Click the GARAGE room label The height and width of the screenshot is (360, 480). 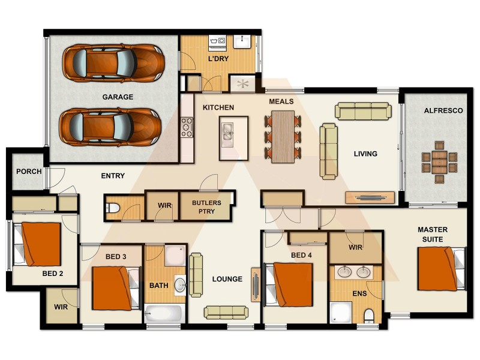pyautogui.click(x=118, y=97)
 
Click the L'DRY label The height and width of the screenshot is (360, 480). pyautogui.click(x=218, y=59)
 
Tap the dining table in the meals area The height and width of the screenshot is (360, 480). pyautogui.click(x=283, y=137)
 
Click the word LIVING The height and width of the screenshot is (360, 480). pyautogui.click(x=365, y=154)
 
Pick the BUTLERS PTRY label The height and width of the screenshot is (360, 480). pyautogui.click(x=206, y=206)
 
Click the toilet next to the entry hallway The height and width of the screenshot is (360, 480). pyautogui.click(x=112, y=209)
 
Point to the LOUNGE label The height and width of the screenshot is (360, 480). pyautogui.click(x=227, y=279)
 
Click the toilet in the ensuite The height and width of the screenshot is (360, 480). pyautogui.click(x=369, y=315)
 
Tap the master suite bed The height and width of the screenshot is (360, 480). pyautogui.click(x=441, y=269)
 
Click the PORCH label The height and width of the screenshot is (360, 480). pyautogui.click(x=29, y=172)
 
